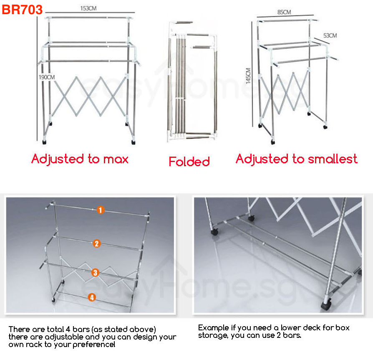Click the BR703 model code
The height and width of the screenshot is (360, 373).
coord(23,10)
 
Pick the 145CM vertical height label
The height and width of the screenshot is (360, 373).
coord(248,76)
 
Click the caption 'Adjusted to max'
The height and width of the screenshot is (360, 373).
coord(80,159)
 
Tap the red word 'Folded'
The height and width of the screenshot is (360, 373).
coord(189,162)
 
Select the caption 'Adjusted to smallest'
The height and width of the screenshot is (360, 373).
coord(296,159)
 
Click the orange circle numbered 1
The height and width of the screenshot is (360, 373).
coord(100,210)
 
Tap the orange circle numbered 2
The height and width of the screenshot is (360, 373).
coord(97,243)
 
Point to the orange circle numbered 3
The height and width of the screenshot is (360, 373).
coord(95,273)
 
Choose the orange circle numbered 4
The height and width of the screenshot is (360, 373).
coord(92,297)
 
